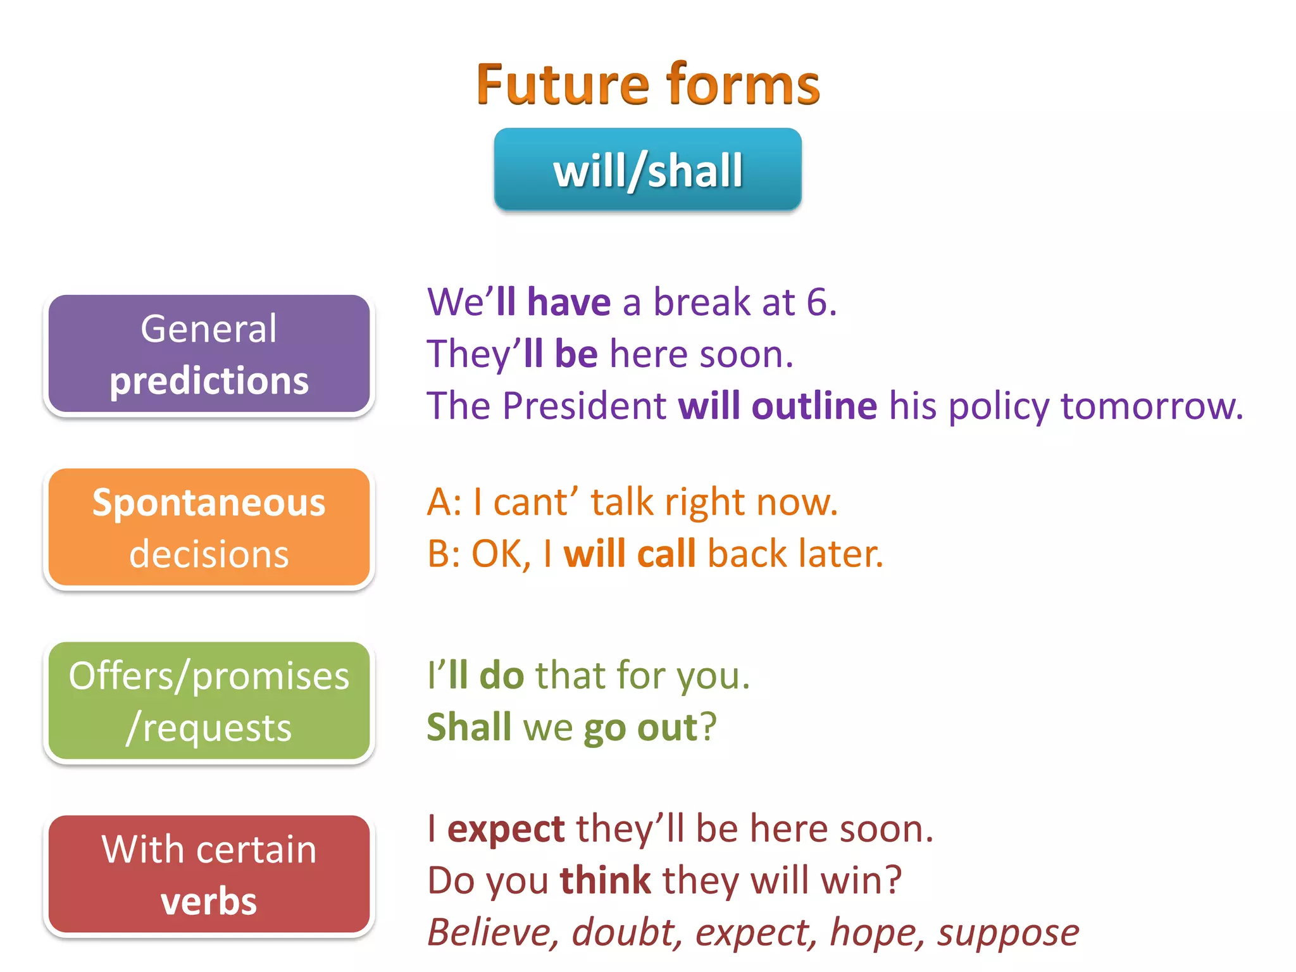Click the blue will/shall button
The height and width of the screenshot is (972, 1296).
647,170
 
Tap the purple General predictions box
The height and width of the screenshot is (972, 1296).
209,354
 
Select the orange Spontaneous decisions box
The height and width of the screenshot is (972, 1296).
209,527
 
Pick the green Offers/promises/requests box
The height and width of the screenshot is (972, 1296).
209,701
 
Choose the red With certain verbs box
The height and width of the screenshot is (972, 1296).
209,875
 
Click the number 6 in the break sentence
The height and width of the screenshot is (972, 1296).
817,302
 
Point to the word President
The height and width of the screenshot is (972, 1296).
584,406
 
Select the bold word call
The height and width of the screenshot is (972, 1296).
666,554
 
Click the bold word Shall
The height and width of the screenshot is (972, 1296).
469,726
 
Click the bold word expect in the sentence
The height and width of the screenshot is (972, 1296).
506,829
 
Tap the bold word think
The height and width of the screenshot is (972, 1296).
605,880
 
